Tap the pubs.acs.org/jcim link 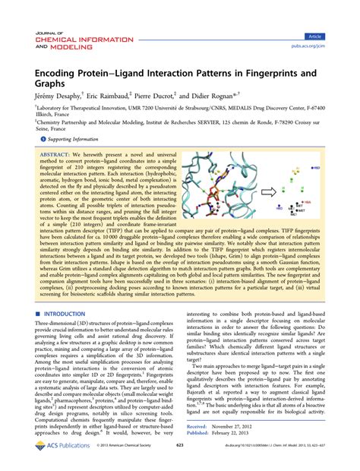click(x=324, y=45)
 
